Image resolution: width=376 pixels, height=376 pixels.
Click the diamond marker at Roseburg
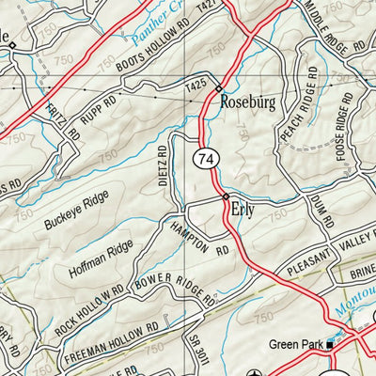[219, 89]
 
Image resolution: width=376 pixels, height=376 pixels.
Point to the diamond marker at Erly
[226, 196]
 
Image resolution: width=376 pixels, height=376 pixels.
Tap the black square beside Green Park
[331, 345]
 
